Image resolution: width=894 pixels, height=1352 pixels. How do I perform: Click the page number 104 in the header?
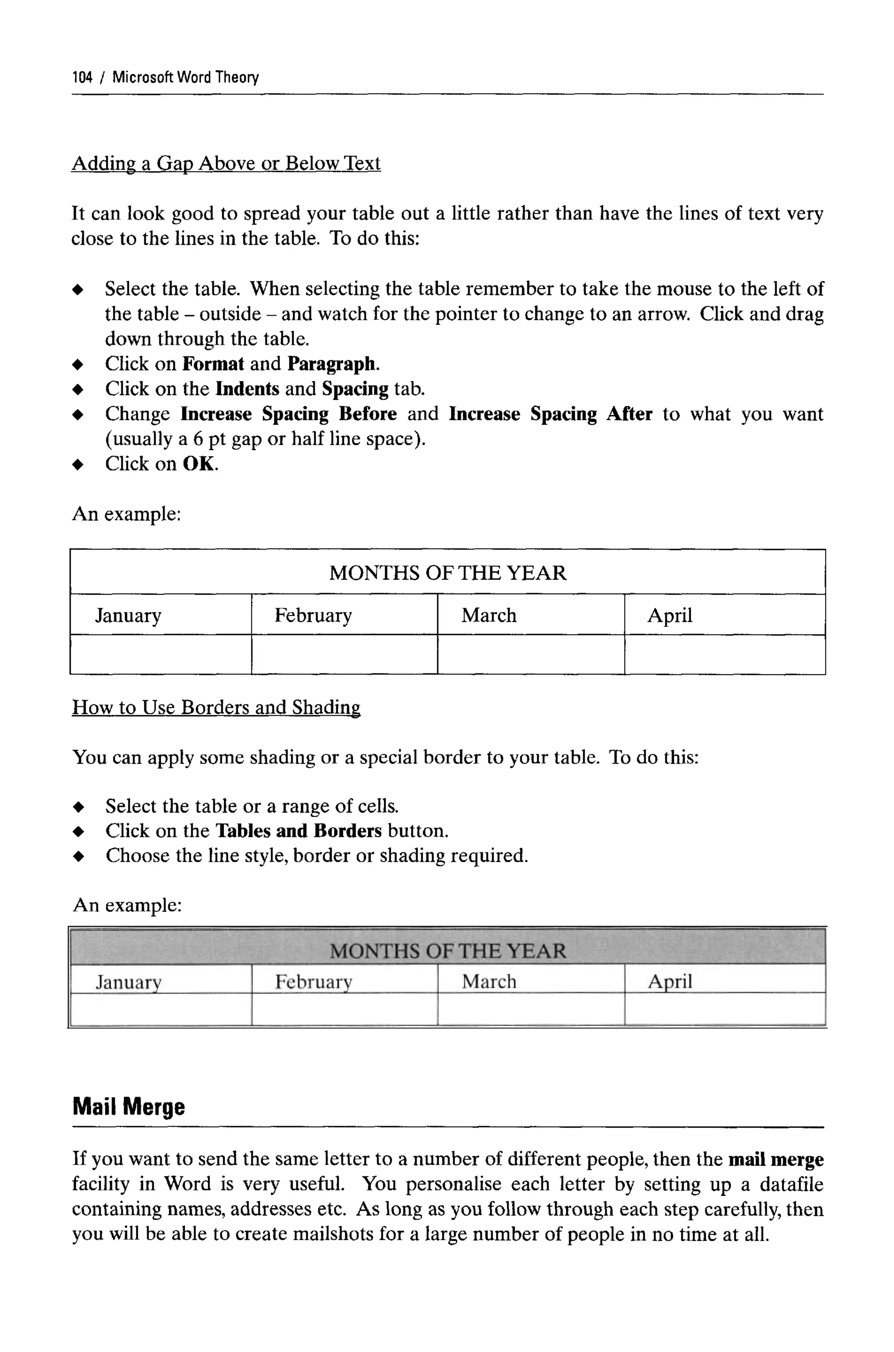(82, 77)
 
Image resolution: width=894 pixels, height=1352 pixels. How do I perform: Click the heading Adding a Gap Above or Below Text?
(226, 163)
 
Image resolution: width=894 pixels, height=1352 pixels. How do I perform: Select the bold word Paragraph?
(332, 364)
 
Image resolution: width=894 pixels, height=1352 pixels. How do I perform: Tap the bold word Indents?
(248, 389)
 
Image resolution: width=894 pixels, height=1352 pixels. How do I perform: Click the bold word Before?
(368, 414)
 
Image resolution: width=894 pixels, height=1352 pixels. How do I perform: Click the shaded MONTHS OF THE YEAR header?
(447, 951)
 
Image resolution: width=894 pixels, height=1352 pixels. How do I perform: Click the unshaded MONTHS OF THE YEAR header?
(447, 573)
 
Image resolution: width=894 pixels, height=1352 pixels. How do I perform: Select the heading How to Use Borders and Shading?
(216, 707)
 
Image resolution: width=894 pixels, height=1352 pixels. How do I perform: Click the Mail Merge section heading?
(129, 1107)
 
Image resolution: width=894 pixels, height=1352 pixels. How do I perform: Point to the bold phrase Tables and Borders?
(299, 831)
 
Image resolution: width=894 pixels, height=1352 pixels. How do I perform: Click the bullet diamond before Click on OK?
(78, 465)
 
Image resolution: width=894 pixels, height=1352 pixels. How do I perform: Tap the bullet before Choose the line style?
(79, 856)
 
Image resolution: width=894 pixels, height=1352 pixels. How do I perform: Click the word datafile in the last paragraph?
(791, 1184)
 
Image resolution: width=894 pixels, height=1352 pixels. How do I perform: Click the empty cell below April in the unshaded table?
(724, 655)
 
